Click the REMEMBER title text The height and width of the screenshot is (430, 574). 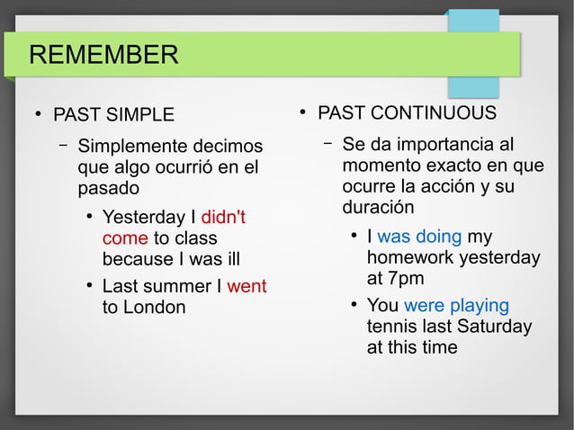pyautogui.click(x=103, y=55)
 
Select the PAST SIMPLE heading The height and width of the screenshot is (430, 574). pyautogui.click(x=113, y=115)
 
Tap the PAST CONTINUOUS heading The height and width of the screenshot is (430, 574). pyautogui.click(x=407, y=113)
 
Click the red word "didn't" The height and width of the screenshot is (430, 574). pyautogui.click(x=223, y=218)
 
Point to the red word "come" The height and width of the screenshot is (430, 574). pyautogui.click(x=125, y=238)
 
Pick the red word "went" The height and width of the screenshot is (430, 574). pyautogui.click(x=247, y=287)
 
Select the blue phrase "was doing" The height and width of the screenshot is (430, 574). pyautogui.click(x=419, y=237)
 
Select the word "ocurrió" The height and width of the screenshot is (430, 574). pyautogui.click(x=210, y=167)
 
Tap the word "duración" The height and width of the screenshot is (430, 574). pyautogui.click(x=378, y=207)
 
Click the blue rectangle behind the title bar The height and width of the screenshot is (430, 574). pyautogui.click(x=473, y=85)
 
